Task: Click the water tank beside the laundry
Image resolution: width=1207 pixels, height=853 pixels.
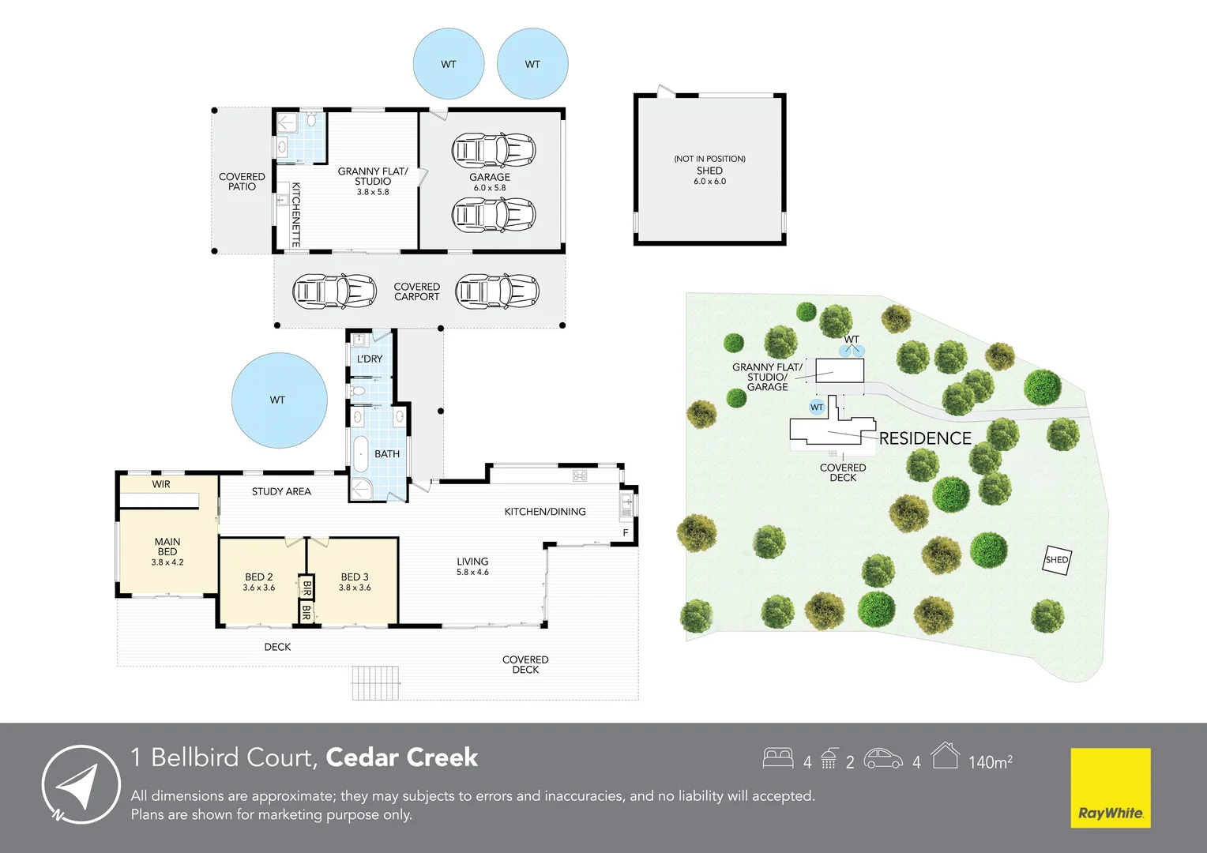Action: [279, 400]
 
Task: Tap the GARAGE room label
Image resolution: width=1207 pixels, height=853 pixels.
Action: [489, 177]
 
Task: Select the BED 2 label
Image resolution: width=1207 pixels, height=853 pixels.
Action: [258, 577]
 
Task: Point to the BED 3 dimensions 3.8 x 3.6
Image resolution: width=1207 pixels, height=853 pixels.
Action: [355, 588]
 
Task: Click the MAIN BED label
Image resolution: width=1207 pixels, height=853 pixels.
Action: [167, 547]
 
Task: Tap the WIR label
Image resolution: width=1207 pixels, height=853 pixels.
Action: [160, 484]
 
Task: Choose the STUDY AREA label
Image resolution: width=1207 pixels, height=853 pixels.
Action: [281, 491]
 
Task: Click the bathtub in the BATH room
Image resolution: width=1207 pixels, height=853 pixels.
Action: [360, 455]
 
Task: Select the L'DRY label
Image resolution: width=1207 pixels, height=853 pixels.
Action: [370, 359]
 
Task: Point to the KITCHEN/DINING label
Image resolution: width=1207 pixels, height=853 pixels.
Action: [545, 511]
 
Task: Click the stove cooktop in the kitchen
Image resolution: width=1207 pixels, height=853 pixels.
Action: [580, 475]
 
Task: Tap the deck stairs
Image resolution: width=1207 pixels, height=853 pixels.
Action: [376, 682]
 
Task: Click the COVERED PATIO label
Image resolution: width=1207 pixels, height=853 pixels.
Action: [242, 182]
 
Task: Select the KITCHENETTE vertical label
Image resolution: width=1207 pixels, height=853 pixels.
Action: [295, 215]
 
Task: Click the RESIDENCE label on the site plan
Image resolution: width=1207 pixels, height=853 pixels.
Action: [925, 438]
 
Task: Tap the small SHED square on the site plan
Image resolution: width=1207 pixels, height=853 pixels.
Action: [1057, 560]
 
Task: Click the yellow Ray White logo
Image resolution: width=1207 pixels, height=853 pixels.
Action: [1111, 787]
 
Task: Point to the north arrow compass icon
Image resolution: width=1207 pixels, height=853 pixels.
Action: [81, 784]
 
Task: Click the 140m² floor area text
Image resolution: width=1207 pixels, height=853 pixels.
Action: [991, 761]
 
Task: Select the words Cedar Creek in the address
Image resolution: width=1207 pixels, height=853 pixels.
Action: [401, 757]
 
